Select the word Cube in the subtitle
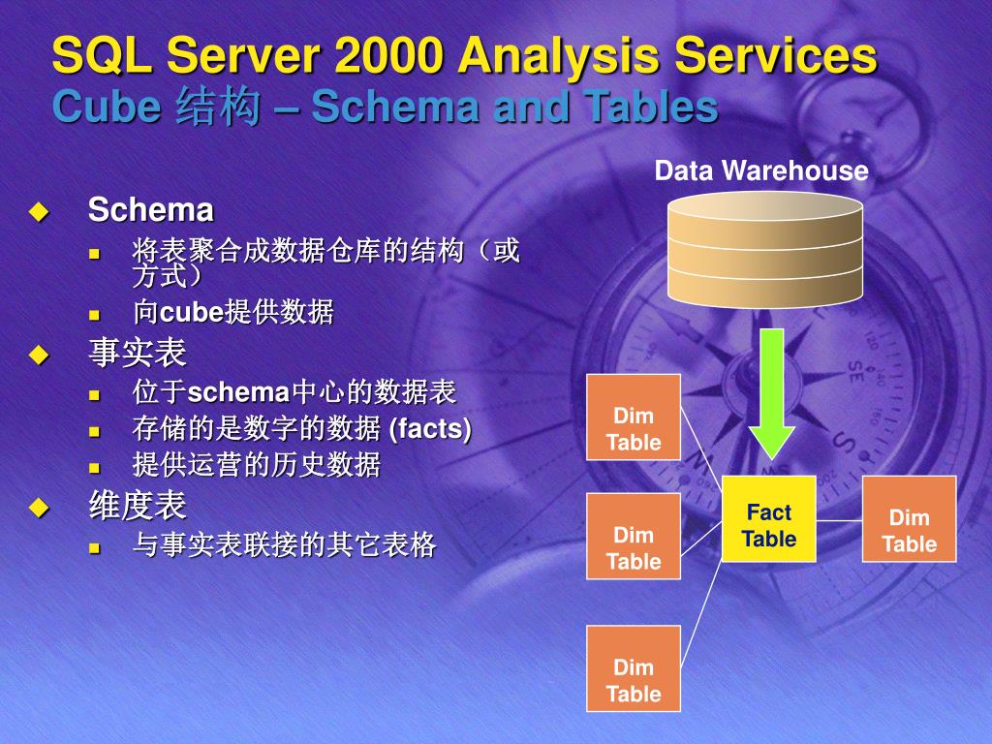(x=106, y=108)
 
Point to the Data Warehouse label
(x=761, y=171)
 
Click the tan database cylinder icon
(x=765, y=250)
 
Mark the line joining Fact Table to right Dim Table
(x=839, y=520)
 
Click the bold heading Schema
(x=150, y=209)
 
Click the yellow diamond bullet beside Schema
(x=38, y=210)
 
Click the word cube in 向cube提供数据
(x=191, y=313)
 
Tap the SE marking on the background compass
(x=857, y=371)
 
